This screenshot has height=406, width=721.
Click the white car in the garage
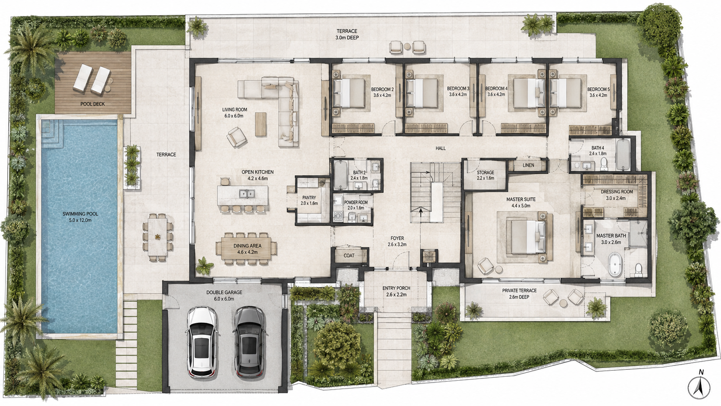tap(201, 342)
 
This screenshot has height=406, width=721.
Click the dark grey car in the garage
tap(249, 342)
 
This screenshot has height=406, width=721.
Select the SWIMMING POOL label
tap(81, 214)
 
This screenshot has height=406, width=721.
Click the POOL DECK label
tap(93, 104)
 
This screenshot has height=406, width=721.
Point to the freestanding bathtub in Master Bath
tap(614, 264)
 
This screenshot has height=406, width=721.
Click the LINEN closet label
tap(528, 165)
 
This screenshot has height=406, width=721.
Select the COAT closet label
tap(349, 256)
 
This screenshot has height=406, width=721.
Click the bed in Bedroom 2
tap(349, 93)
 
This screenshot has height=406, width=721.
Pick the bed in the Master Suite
tap(526, 236)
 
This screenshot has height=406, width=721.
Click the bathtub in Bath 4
tap(623, 155)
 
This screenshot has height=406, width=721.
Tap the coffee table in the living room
tap(261, 124)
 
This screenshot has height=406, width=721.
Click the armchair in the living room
tap(237, 136)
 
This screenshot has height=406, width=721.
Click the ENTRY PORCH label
tap(396, 288)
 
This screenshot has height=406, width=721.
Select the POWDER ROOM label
tap(356, 202)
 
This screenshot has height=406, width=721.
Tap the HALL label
tap(441, 148)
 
